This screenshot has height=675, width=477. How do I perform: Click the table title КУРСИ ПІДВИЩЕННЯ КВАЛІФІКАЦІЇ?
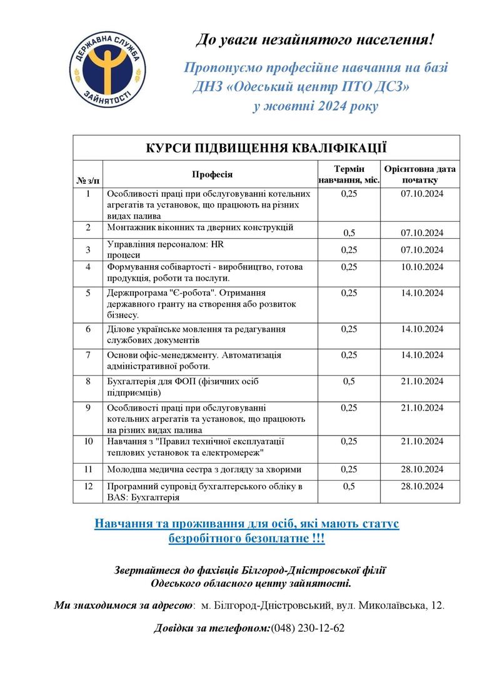pos(266,148)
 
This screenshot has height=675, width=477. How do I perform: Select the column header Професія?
pos(212,174)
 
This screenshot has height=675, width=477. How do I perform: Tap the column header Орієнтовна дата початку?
pos(421,174)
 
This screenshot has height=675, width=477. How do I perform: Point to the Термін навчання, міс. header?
pos(349,174)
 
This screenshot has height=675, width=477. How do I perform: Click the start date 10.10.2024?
pos(421,267)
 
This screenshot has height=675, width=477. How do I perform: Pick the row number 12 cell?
pos(88,486)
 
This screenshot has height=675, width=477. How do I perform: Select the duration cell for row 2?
pos(349,233)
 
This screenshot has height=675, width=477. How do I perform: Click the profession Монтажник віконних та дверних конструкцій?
pos(200,227)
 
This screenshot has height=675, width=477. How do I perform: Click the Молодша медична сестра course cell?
pos(204,469)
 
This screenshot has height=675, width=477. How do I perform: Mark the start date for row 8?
pos(421,382)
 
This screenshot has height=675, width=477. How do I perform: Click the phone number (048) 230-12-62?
pos(308,628)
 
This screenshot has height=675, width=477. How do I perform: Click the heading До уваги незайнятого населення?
pos(314,40)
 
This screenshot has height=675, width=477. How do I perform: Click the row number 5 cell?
pos(88,292)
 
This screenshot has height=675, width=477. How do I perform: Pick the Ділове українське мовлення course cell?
pos(196,334)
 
